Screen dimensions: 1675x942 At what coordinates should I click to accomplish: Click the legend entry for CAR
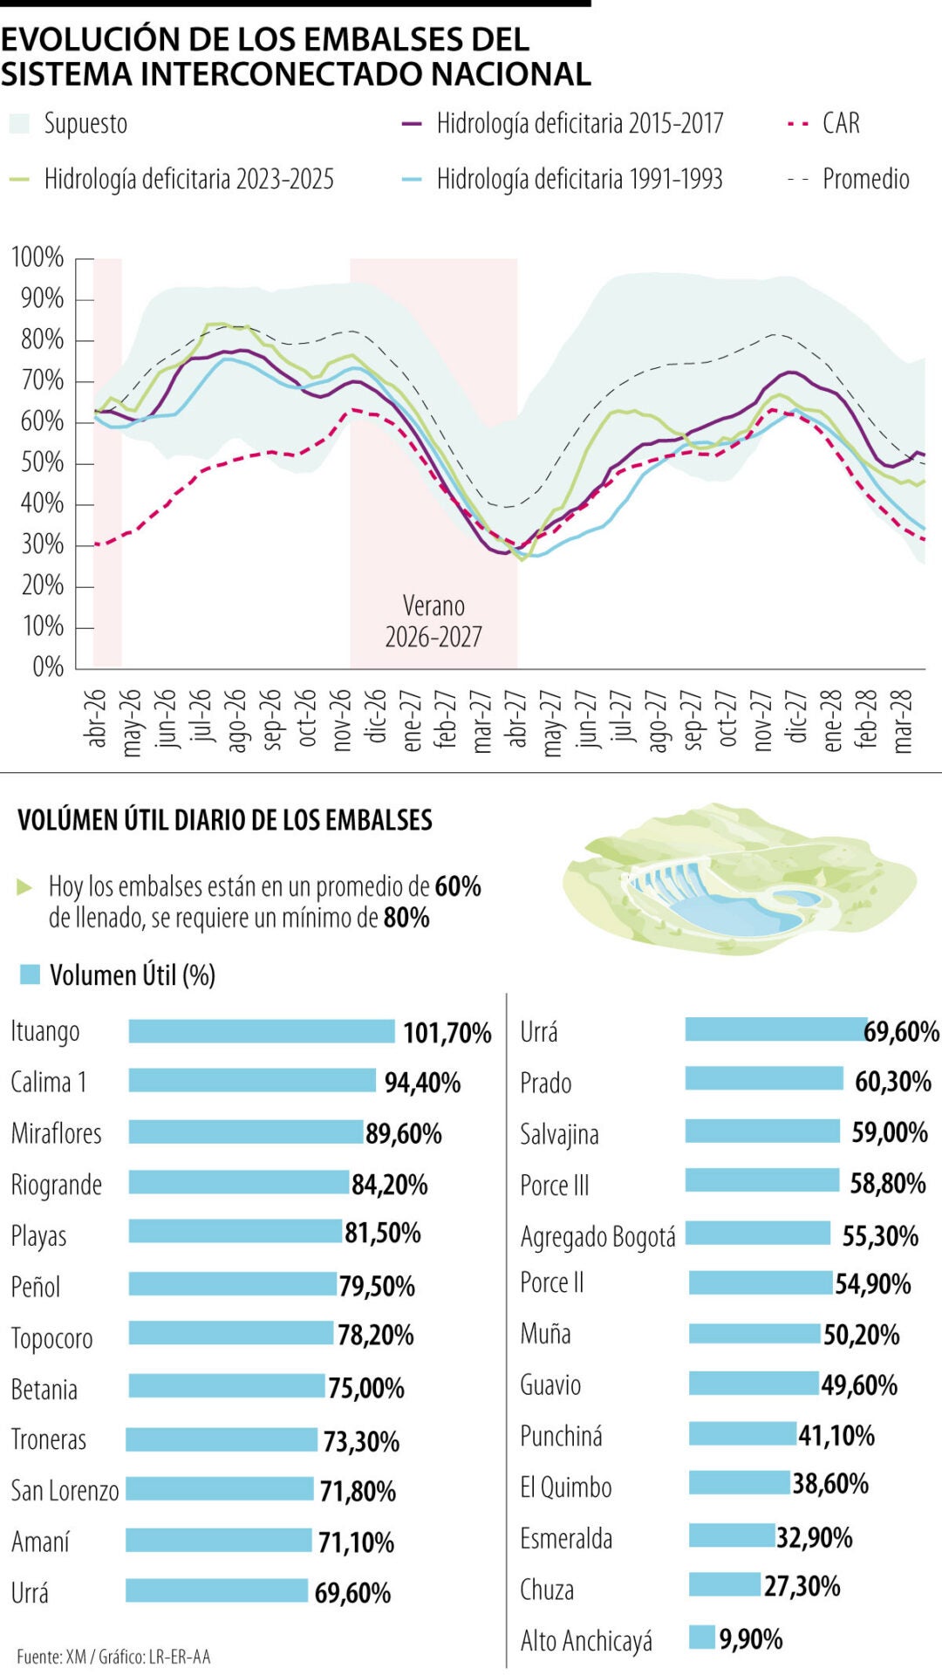[840, 124]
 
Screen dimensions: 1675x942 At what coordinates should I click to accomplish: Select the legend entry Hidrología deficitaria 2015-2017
[579, 124]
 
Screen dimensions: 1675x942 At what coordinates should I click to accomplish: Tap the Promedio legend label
[865, 180]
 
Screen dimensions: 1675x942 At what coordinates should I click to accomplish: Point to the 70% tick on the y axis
[42, 381]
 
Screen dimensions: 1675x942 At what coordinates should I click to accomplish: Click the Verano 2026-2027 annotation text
[433, 621]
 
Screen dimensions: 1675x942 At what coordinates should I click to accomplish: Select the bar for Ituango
[262, 1031]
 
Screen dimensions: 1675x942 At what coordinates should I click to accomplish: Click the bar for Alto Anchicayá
[701, 1637]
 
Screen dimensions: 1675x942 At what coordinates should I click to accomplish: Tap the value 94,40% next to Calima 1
[422, 1083]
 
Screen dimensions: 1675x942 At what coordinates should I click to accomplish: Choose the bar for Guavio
[754, 1383]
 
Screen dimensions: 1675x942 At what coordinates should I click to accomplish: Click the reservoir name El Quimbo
[565, 1487]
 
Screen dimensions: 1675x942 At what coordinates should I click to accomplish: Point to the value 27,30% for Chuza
[802, 1586]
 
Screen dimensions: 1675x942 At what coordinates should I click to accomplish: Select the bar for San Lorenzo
[219, 1488]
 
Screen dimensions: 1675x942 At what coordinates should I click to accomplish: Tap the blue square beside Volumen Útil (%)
[30, 974]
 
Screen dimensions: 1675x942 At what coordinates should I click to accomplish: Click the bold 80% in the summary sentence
[406, 918]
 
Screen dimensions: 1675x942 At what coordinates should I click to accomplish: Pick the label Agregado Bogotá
[597, 1236]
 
